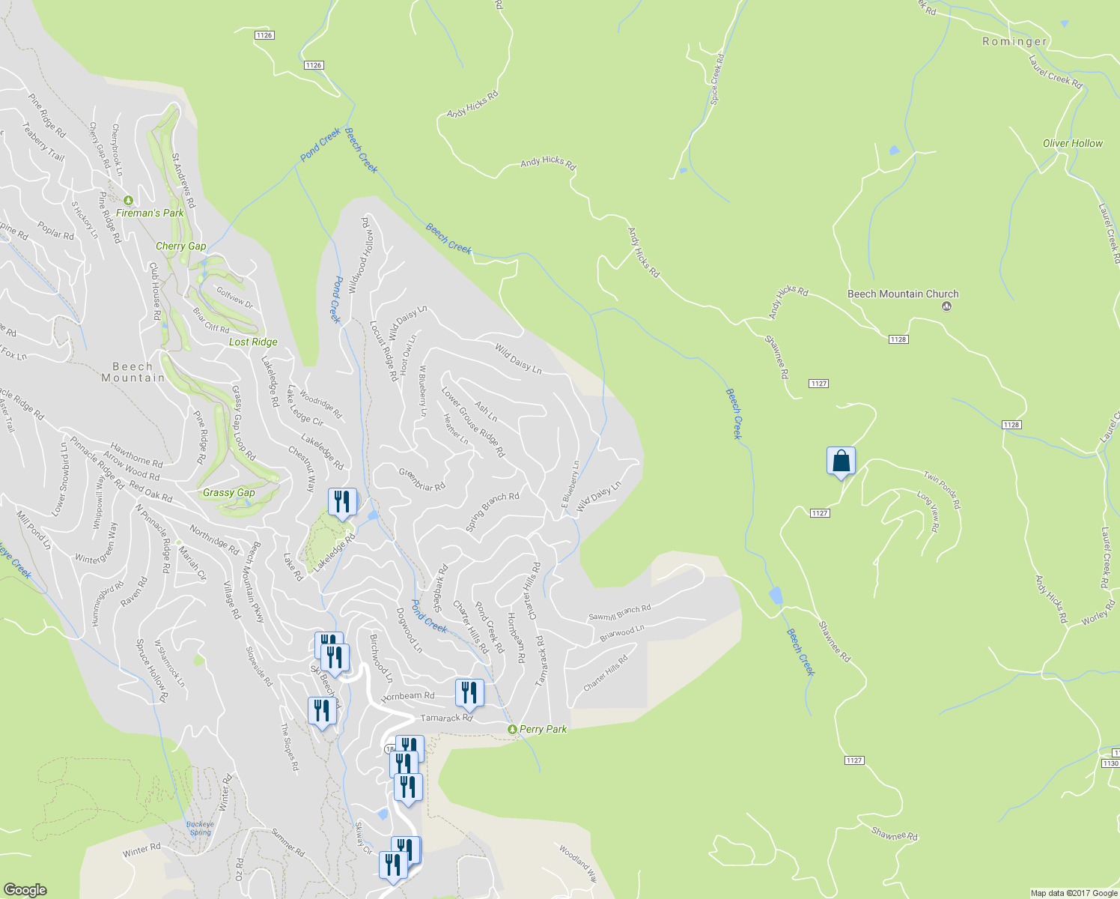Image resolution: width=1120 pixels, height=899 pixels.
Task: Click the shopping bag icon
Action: click(841, 461)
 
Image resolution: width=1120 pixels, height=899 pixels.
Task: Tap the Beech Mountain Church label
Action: click(902, 294)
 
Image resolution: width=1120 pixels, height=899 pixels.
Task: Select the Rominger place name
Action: click(1014, 42)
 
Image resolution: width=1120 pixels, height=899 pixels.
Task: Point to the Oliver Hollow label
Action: click(1072, 143)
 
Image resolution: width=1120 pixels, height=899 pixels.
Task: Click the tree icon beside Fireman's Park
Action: click(128, 201)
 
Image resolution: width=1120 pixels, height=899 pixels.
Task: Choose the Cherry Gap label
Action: click(180, 246)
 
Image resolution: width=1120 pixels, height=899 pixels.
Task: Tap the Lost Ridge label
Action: click(253, 342)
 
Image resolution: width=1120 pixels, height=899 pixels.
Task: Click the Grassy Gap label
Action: click(228, 493)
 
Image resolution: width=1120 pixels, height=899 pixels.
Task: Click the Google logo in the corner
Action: click(25, 889)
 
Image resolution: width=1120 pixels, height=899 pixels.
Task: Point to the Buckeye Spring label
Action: click(200, 828)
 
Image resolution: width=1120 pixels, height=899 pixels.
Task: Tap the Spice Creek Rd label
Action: click(717, 79)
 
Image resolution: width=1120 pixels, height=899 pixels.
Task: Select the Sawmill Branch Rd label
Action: click(619, 612)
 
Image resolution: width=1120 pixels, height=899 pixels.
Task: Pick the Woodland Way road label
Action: click(577, 862)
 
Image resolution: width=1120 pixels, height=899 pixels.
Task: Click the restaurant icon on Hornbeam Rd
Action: click(469, 693)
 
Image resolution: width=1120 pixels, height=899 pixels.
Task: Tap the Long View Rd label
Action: click(928, 512)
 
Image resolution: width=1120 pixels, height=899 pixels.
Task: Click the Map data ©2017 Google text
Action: click(1074, 893)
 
